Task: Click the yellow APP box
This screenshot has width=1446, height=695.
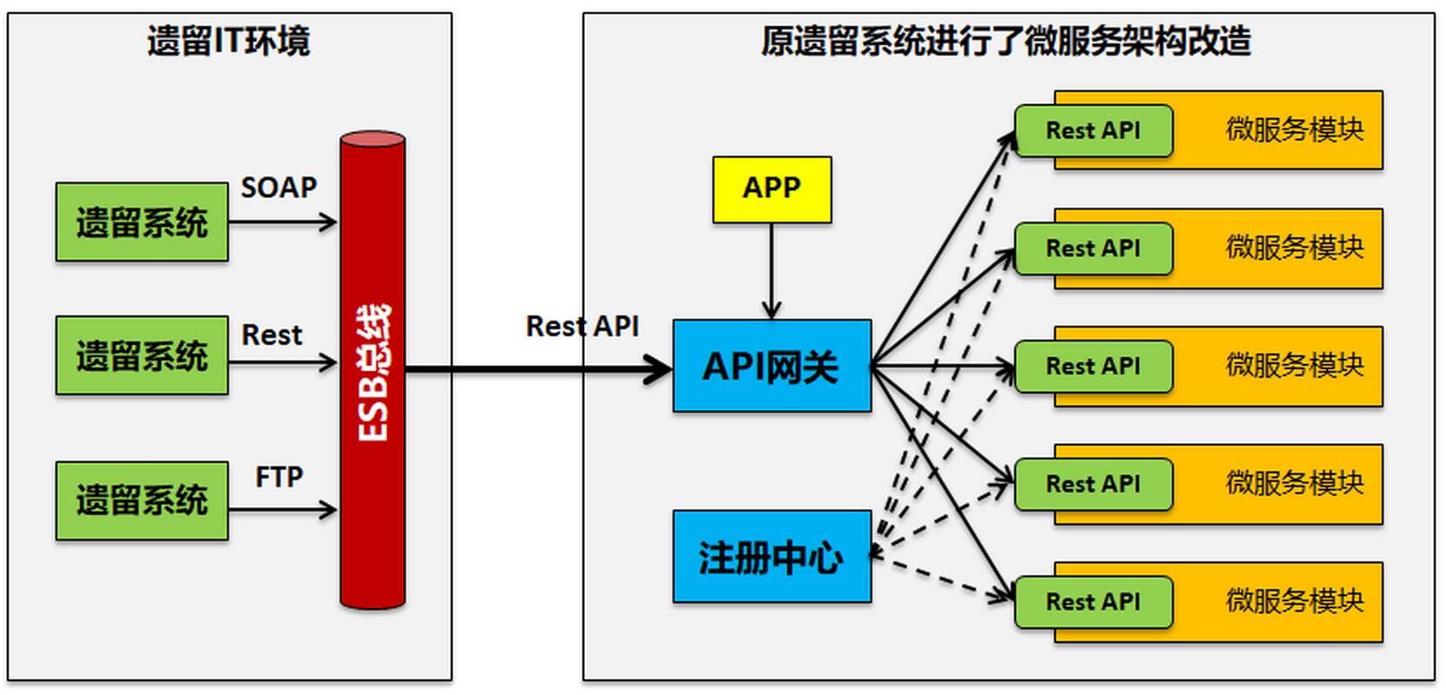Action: (x=772, y=189)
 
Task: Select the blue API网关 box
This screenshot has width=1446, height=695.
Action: (x=772, y=366)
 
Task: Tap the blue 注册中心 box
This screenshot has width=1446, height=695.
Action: (x=772, y=557)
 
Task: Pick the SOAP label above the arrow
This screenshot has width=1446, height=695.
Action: (x=278, y=188)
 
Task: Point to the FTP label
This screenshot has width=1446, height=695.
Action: (x=279, y=477)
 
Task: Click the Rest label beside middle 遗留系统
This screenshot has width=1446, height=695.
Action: (x=271, y=334)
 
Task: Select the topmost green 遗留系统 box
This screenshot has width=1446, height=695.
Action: (x=142, y=222)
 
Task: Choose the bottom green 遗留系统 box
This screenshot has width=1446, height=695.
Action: (x=142, y=500)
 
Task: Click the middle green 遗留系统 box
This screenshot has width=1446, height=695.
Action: (x=142, y=356)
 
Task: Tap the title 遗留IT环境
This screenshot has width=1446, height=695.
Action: (x=228, y=41)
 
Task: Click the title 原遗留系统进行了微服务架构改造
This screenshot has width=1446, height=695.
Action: (x=1005, y=41)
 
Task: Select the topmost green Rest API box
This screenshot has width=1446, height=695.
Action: (x=1093, y=130)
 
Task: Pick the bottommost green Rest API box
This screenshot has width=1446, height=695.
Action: (x=1093, y=601)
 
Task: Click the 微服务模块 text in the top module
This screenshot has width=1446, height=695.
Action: (x=1294, y=129)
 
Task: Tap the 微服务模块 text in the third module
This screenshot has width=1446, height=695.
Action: (x=1294, y=365)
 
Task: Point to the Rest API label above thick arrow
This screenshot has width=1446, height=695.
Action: (x=582, y=327)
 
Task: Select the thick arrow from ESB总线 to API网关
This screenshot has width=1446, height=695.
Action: (x=539, y=370)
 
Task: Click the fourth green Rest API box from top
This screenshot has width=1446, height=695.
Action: (x=1093, y=484)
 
